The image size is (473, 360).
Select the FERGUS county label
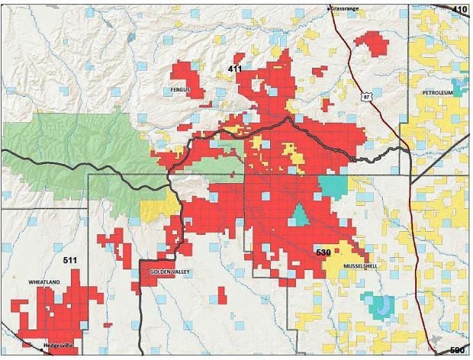[180, 90]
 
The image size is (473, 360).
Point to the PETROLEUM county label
[437, 92]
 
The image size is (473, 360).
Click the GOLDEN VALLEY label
[166, 272]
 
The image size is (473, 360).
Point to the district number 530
[323, 252]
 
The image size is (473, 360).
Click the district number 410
[459, 9]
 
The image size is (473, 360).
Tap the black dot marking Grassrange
[329, 8]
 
